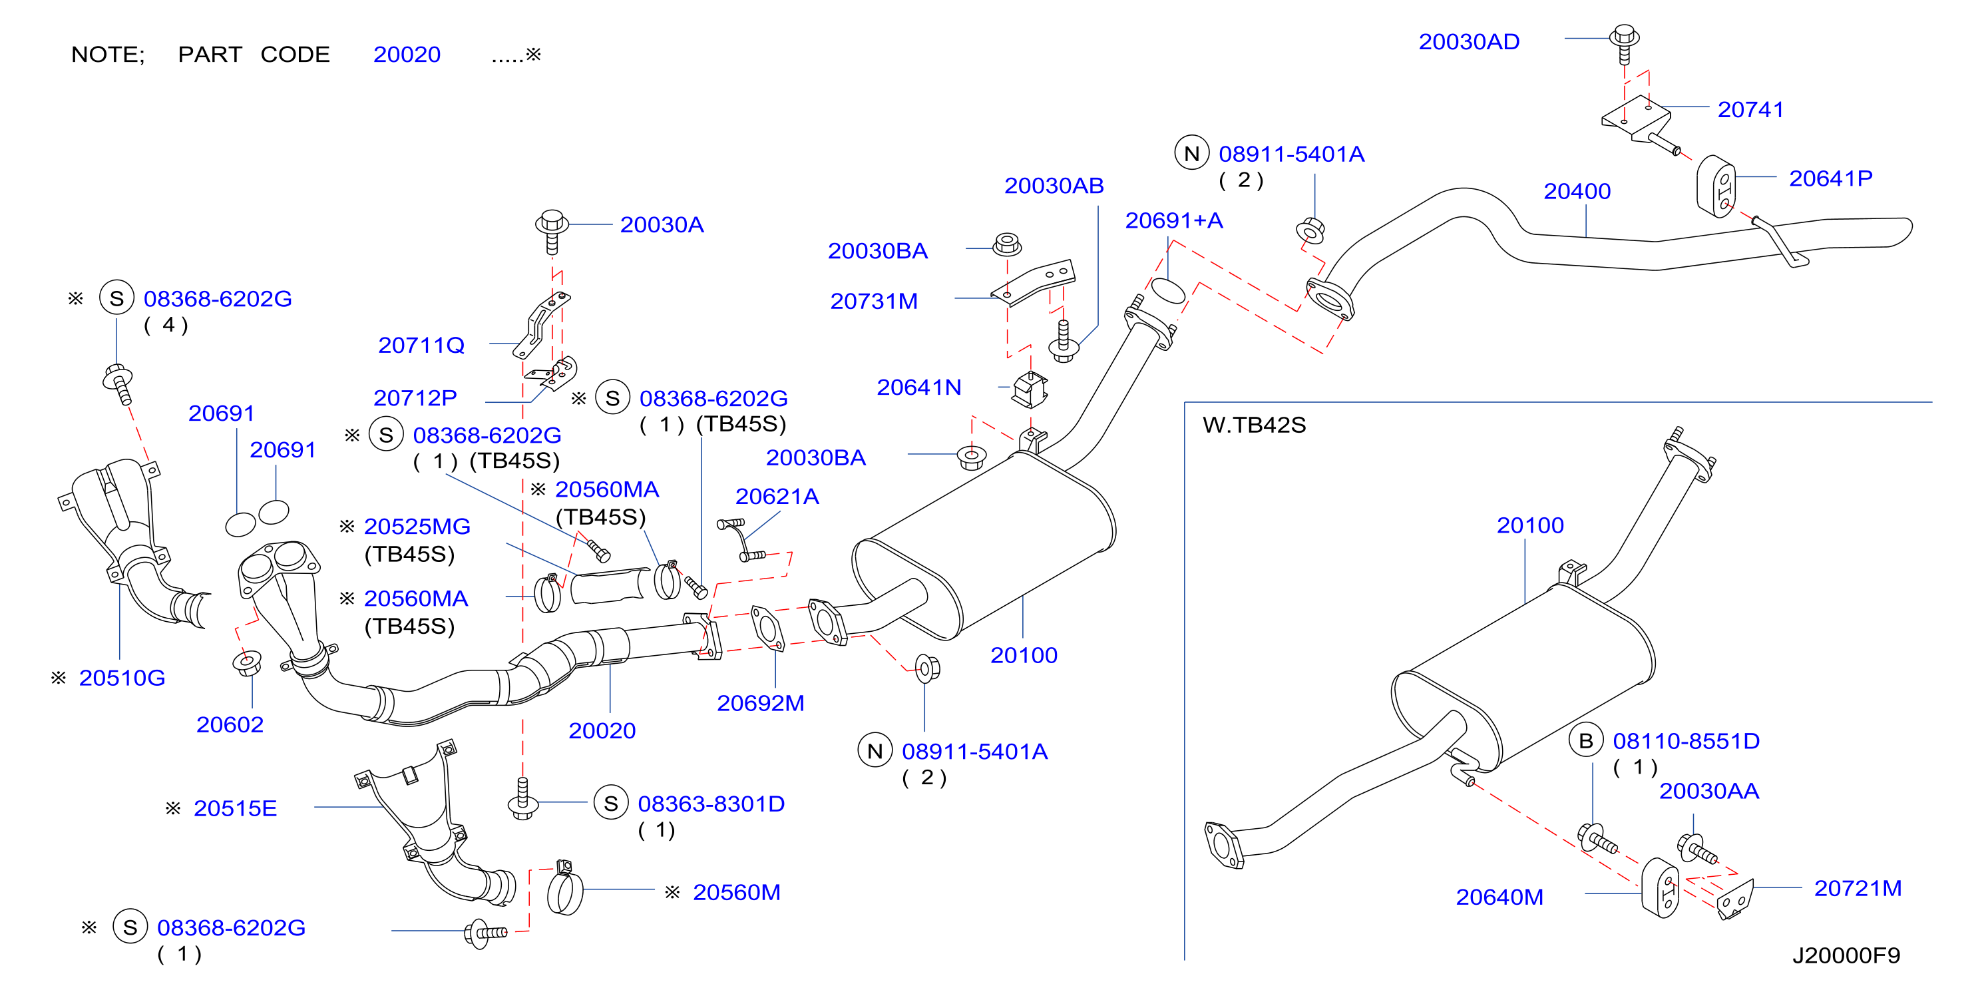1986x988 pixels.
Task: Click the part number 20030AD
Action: click(x=1469, y=42)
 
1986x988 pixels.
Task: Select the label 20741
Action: click(x=1750, y=110)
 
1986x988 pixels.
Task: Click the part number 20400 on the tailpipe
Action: click(x=1577, y=191)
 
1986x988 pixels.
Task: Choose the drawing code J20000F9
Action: click(x=1846, y=955)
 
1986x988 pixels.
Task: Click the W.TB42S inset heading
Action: click(x=1255, y=425)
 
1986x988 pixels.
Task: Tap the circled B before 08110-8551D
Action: click(x=1586, y=741)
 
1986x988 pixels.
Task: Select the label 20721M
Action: click(x=1858, y=889)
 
